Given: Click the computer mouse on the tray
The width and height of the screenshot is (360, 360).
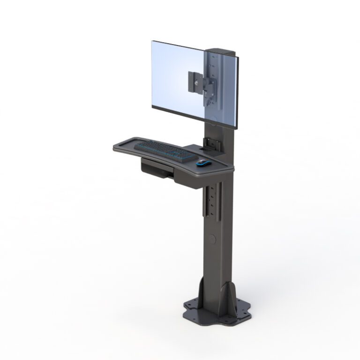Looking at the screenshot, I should tap(203, 163).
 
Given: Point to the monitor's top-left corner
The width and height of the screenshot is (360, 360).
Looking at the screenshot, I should tap(152, 41).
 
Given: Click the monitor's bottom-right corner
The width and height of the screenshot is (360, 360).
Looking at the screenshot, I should tap(238, 128).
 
